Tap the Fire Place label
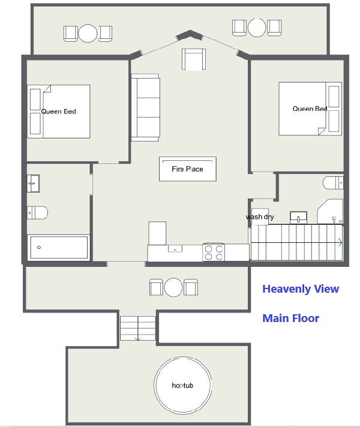pos(187,169)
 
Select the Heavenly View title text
pos(301,288)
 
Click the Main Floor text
pos(290,318)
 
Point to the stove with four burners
pos(214,252)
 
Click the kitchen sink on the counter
pos(175,248)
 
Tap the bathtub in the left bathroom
pos(59,248)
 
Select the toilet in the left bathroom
pos(37,213)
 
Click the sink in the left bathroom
pos(33,184)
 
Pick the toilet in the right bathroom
pos(333,182)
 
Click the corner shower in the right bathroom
pos(330,212)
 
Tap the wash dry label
pos(260,216)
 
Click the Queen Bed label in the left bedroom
pos(59,112)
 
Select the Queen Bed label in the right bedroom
pos(310,109)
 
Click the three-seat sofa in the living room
pos(145,107)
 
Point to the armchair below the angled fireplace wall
pos(194,59)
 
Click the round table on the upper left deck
pos(88,33)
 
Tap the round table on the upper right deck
pos(257,28)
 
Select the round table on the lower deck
pos(173,287)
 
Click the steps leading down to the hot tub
pos(138,328)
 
